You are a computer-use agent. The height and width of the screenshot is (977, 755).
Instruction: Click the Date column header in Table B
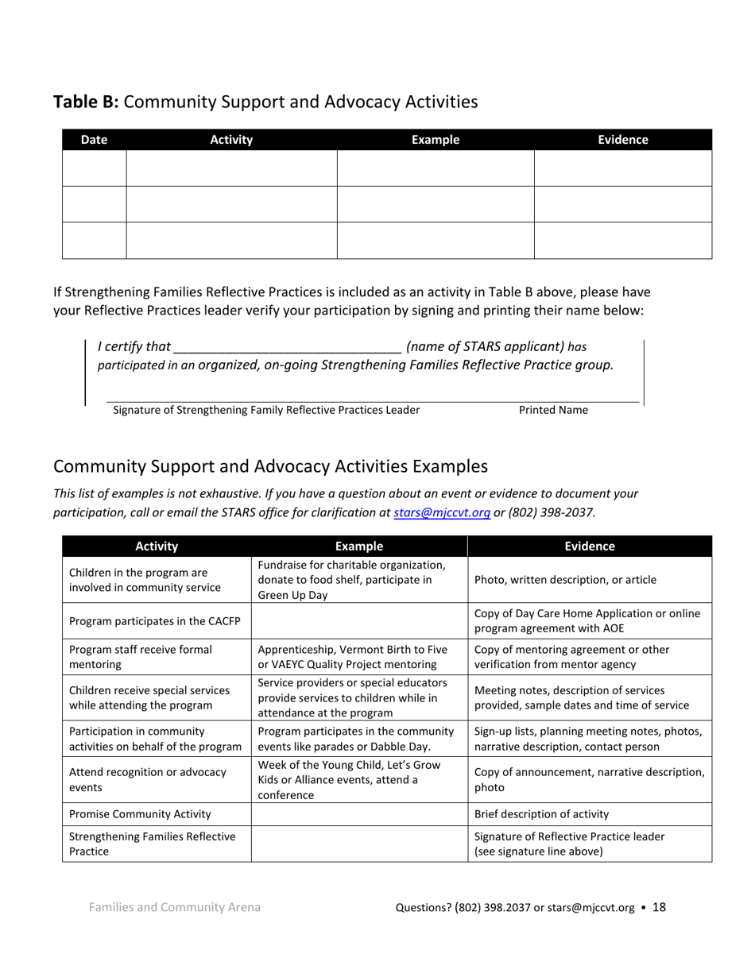[x=94, y=140]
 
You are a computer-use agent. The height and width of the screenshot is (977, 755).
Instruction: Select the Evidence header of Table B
[x=622, y=140]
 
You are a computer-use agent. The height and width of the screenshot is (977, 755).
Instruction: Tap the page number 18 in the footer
[x=659, y=907]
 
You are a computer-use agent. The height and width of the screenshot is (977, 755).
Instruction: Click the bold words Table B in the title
[x=86, y=102]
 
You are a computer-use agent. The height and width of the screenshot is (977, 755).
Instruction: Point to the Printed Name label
[x=553, y=410]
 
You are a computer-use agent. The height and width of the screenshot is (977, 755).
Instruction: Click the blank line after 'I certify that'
[x=286, y=348]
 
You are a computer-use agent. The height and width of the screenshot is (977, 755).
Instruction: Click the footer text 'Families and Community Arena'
[x=175, y=907]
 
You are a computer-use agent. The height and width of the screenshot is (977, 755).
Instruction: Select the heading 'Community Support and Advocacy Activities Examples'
[x=270, y=465]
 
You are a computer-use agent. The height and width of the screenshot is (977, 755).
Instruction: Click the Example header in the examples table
[x=359, y=546]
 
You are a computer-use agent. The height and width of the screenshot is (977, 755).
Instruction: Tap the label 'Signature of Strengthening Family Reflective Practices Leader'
[x=266, y=410]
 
